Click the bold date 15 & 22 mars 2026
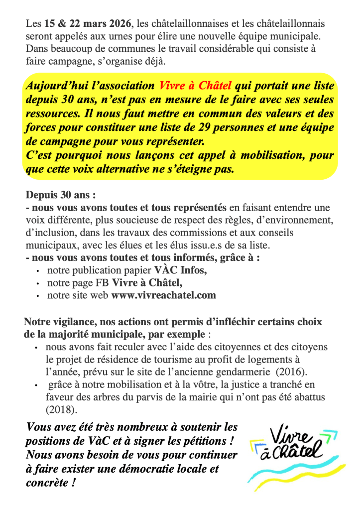click(x=88, y=23)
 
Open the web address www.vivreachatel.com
click(x=164, y=295)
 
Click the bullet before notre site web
click(x=38, y=295)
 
